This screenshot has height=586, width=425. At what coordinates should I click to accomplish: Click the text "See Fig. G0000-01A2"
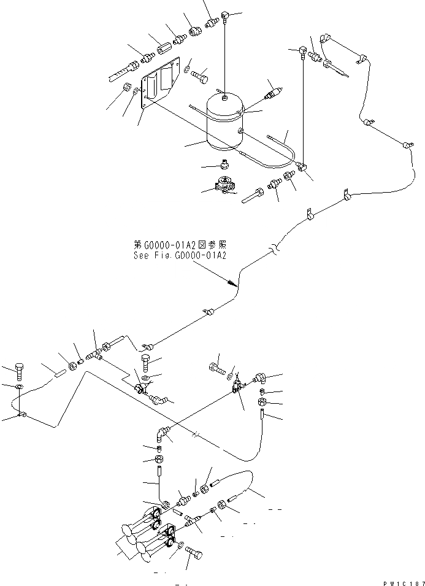coord(180,255)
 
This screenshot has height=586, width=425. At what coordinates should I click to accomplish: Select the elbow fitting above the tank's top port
coord(226,13)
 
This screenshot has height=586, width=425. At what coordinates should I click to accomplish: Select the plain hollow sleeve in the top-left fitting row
coord(164,47)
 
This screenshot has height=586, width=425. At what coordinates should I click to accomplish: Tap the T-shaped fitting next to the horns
coord(190,523)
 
